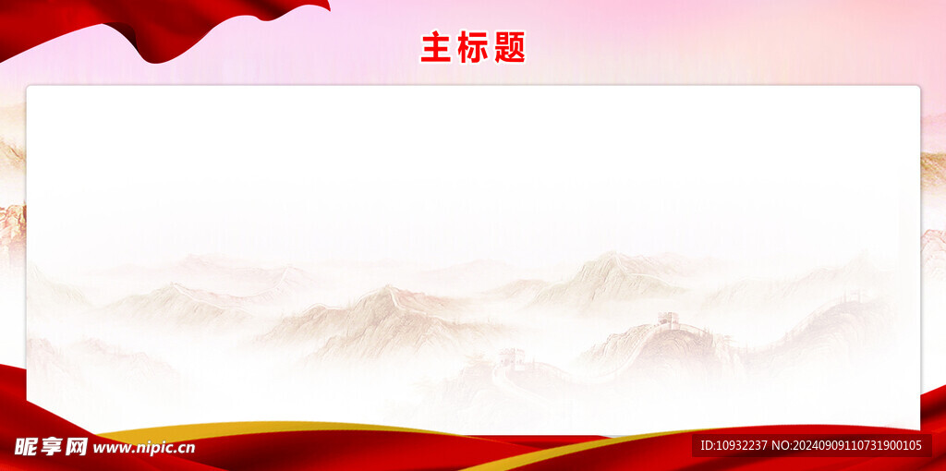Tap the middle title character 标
coord(473,47)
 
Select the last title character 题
coord(510,47)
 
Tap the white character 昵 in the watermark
coord(28,447)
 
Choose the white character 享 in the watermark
coord(52,447)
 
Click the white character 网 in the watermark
coord(77,447)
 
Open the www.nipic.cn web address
coord(144,448)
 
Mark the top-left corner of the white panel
coord(29,88)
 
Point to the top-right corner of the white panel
coord(918,88)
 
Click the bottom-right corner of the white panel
coord(918,429)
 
